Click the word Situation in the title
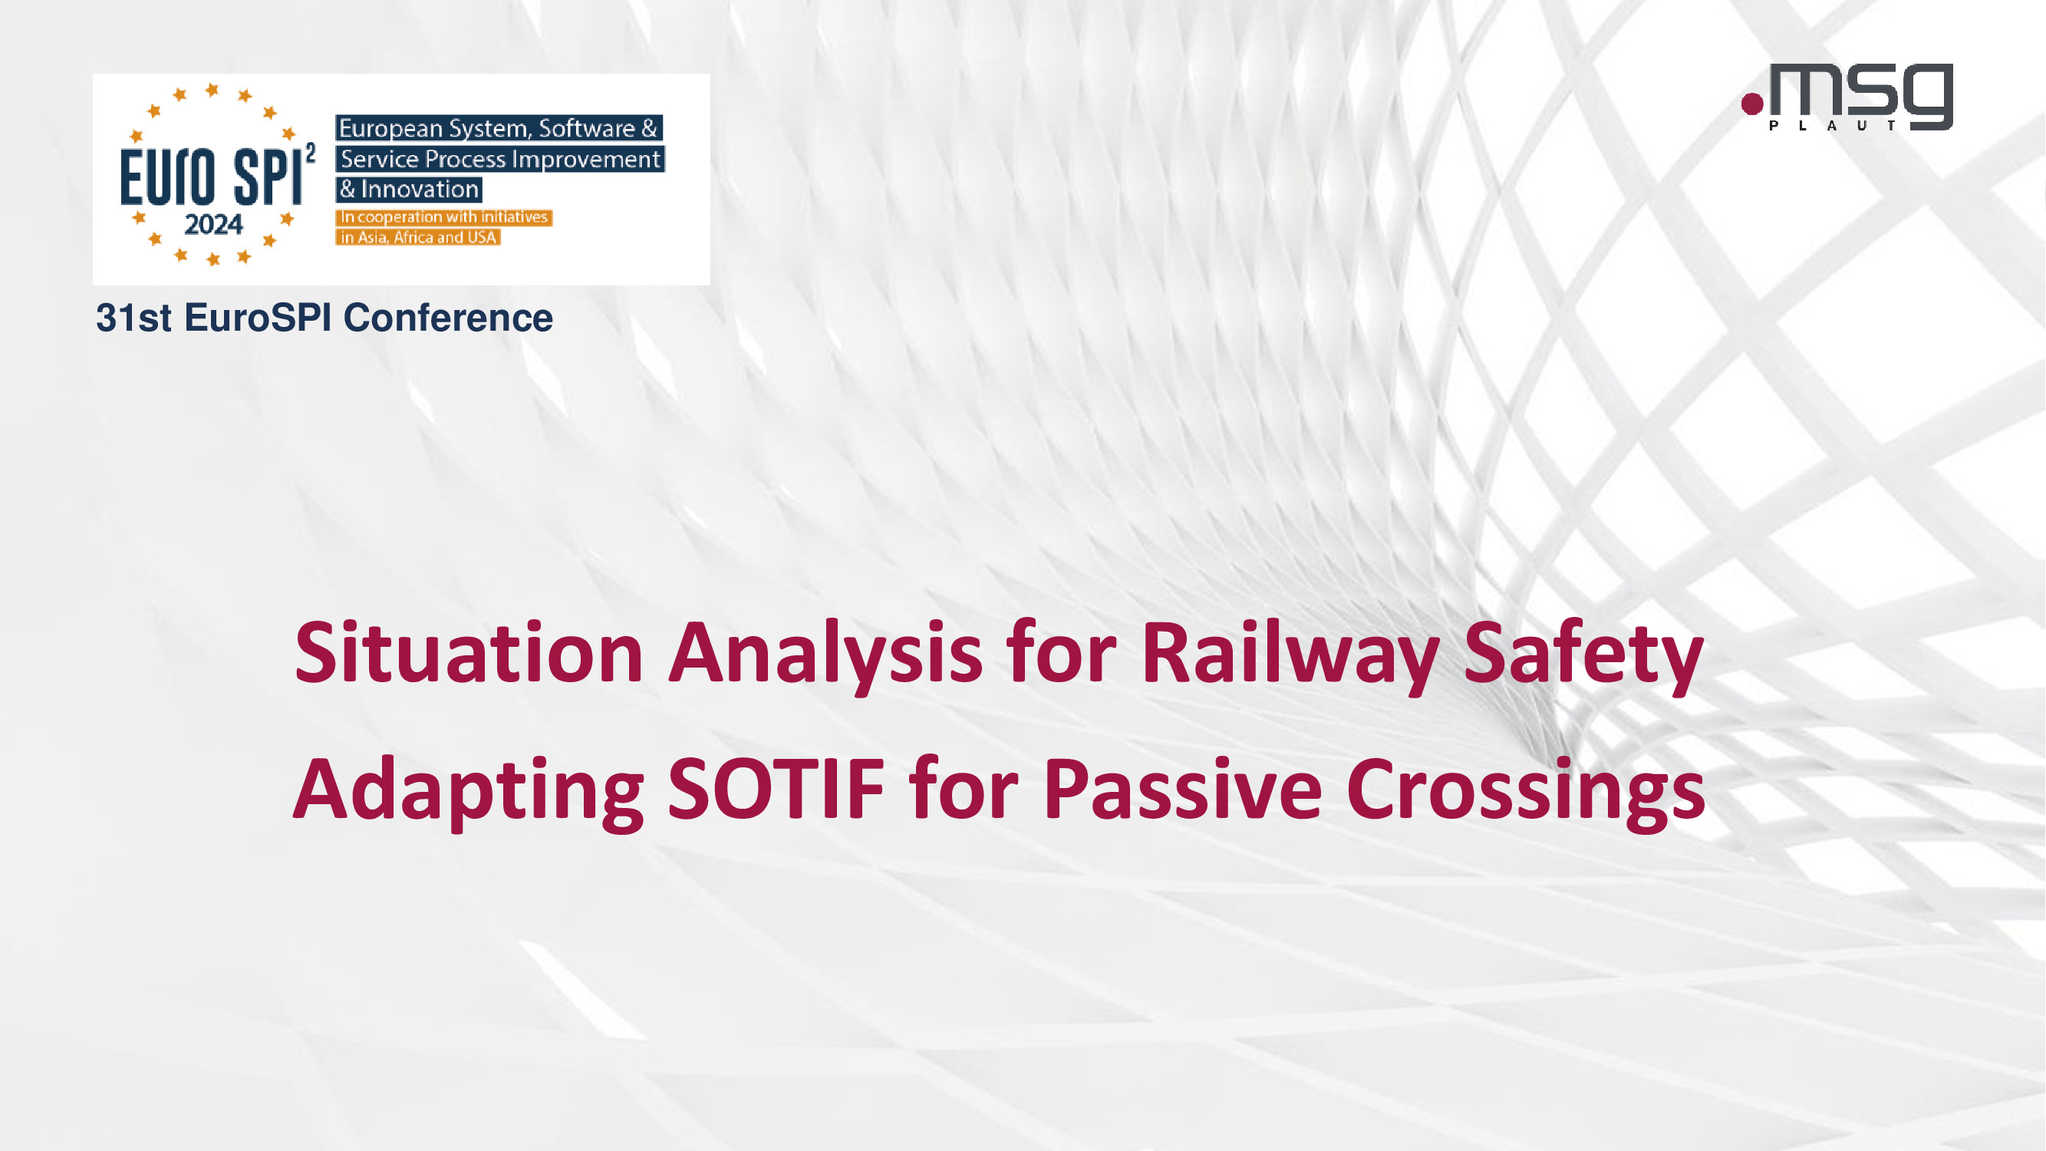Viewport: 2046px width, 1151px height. (x=469, y=652)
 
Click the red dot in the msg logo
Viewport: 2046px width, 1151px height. (x=1752, y=104)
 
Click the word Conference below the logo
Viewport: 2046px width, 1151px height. (x=448, y=318)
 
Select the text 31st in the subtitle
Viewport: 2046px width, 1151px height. (x=133, y=318)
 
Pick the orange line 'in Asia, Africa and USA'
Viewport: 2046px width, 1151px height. (x=418, y=236)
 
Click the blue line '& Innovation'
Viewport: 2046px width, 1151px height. (x=409, y=189)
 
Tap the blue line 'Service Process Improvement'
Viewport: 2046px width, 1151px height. (x=500, y=159)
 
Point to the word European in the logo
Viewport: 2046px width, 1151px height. (x=390, y=129)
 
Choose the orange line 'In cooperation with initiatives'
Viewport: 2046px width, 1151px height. (x=444, y=217)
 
